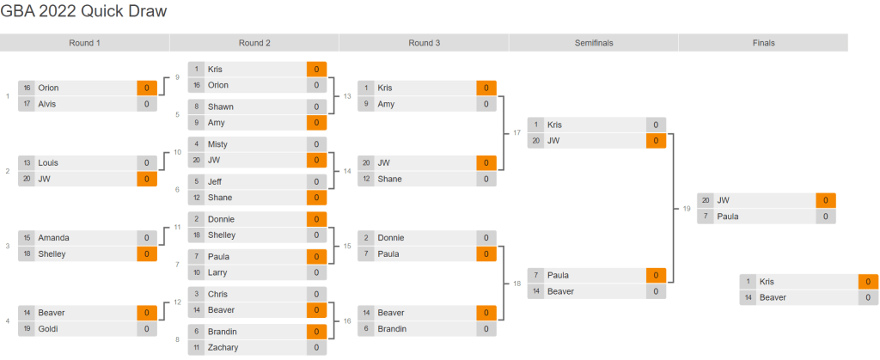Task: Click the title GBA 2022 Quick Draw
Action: click(x=83, y=11)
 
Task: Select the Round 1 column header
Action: click(x=85, y=43)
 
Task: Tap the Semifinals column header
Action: click(x=593, y=43)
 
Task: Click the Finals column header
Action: click(x=763, y=43)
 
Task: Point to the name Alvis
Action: click(x=48, y=104)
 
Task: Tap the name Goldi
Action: click(x=48, y=329)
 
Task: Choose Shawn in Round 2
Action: click(x=221, y=107)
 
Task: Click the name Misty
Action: click(x=218, y=144)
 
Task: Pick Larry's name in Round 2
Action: click(x=218, y=272)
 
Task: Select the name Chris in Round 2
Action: click(x=218, y=294)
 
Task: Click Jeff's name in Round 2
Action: click(x=216, y=181)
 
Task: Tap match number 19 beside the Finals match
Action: click(x=687, y=208)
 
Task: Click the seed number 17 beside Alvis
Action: click(x=27, y=104)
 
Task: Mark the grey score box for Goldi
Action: click(x=147, y=329)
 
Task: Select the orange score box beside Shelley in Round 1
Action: click(x=147, y=253)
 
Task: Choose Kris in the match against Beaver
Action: click(x=767, y=282)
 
